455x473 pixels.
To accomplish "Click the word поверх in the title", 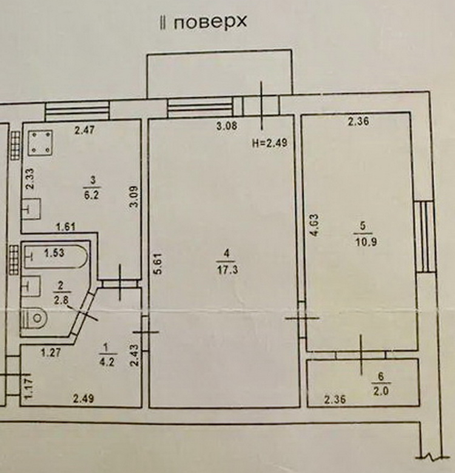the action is click(211, 22).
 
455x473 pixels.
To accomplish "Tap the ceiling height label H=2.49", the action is click(269, 143).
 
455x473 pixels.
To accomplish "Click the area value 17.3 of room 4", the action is click(227, 269).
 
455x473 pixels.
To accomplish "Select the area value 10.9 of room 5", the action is click(365, 241).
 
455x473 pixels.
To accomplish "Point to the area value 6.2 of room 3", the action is click(92, 195).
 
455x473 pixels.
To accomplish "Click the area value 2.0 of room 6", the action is click(381, 391).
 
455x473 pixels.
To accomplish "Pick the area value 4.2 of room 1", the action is click(107, 361).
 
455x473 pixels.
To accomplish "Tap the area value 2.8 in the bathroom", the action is click(61, 300).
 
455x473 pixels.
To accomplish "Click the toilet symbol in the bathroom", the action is click(35, 318).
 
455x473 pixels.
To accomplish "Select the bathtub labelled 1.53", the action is click(56, 257).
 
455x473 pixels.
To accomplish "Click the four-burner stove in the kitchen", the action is click(40, 143).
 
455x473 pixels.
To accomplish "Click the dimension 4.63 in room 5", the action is click(314, 225).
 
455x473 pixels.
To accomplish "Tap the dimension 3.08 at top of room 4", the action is click(227, 126).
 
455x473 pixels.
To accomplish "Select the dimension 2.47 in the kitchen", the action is click(84, 130).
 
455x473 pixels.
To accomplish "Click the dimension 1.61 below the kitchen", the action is click(66, 226).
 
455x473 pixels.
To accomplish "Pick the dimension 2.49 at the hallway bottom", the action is click(84, 399).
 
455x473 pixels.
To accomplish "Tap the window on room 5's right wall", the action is click(425, 236).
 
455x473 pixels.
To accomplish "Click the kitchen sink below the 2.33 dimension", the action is click(32, 209).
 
